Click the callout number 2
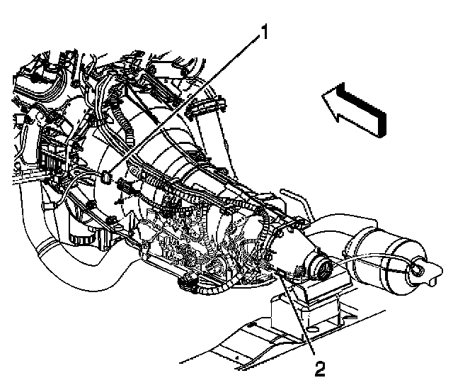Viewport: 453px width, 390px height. tap(320, 369)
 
